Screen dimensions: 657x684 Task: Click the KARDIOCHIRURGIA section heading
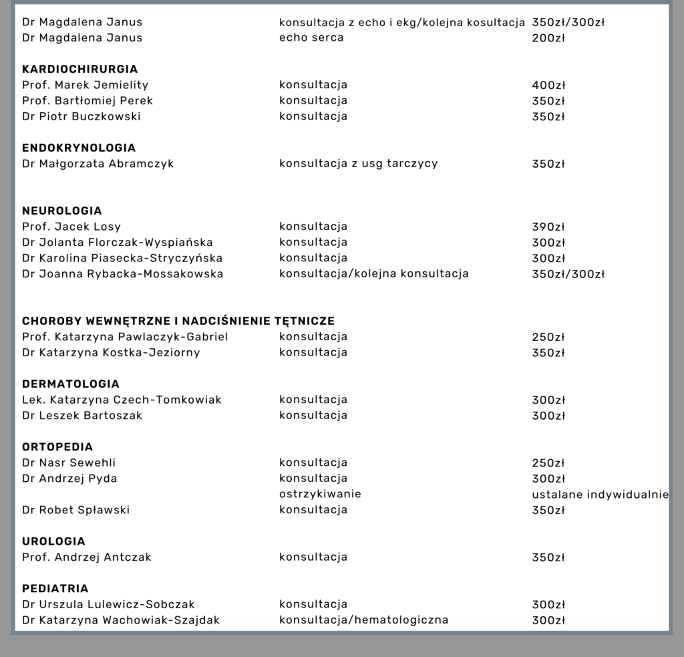coord(79,69)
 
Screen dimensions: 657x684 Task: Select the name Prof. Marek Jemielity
coord(85,85)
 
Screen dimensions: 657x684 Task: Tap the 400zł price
coord(548,85)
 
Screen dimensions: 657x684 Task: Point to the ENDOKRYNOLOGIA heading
coord(79,148)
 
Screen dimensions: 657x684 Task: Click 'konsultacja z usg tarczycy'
coord(358,164)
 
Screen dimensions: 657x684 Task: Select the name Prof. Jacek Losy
coord(71,227)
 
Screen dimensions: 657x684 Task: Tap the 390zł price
coord(548,227)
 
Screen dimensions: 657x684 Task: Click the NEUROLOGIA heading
coord(62,211)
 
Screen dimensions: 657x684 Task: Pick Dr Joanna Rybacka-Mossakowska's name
coord(122,274)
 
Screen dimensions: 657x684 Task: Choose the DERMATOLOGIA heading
coord(71,384)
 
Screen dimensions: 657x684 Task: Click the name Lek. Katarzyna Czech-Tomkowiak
coord(122,400)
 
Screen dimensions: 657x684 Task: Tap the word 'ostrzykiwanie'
coord(320,494)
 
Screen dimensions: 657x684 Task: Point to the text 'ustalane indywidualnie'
coord(601,495)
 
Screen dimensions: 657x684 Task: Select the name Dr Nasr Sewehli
coord(69,463)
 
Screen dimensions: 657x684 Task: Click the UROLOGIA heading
coord(53,541)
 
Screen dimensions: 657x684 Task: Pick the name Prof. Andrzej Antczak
coord(87,557)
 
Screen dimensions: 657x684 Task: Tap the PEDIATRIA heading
coord(55,589)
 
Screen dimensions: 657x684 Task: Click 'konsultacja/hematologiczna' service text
coord(363,620)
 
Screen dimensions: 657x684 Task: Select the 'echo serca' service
coord(311,37)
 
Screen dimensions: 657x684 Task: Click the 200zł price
coord(548,38)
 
